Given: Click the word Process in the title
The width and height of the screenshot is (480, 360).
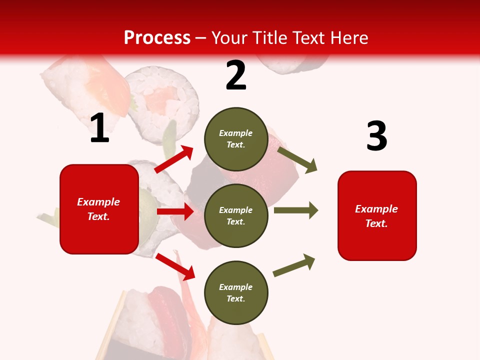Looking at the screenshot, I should tap(157, 38).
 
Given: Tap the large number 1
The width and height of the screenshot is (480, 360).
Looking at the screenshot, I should tap(99, 128).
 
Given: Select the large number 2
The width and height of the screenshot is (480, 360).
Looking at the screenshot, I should tap(236, 75).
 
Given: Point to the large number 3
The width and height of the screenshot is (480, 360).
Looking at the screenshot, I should tap(376, 136).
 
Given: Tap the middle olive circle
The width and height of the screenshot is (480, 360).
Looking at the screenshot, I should tap(236, 215).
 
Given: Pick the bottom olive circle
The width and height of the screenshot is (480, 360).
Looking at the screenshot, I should tap(236, 292).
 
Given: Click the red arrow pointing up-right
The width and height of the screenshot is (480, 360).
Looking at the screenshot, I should tap(174, 159).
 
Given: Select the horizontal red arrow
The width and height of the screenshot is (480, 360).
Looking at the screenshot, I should tap(175, 211).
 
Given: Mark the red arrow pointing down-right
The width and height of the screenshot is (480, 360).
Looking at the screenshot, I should tap(175, 266).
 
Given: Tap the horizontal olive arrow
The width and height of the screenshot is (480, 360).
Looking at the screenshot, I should tap(296, 210).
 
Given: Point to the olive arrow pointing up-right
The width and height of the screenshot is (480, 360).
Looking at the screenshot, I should tap(294, 265).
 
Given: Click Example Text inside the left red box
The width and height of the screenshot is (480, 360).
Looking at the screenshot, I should tap(98, 209).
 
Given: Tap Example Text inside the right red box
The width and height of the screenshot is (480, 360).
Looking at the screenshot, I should tap(376, 216).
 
